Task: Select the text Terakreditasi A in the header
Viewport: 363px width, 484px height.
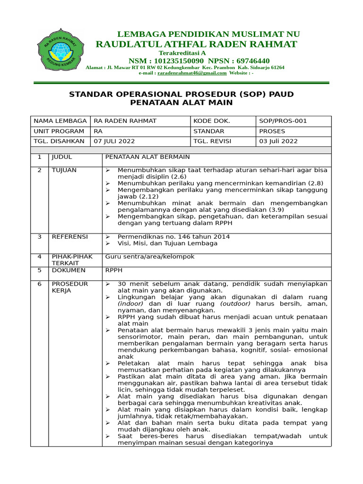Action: coord(182,53)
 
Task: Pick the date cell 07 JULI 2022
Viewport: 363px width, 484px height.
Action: coord(114,141)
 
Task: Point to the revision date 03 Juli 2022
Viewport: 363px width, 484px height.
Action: coord(278,141)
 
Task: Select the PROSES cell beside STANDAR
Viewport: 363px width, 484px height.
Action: coord(272,131)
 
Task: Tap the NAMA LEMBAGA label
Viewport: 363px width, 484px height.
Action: coord(60,121)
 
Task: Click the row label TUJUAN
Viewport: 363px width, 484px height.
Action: coord(64,170)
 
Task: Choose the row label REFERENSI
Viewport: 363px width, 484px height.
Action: coord(69,236)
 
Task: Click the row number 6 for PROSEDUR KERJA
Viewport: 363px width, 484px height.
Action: coord(40,284)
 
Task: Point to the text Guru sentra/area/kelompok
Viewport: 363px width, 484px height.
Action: coord(149,257)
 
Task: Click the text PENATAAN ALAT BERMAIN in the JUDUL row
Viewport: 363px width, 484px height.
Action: coord(147,157)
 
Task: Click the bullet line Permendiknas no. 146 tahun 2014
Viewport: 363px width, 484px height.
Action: coord(174,236)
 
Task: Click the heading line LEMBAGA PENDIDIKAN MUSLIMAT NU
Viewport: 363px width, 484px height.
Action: coord(208,34)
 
